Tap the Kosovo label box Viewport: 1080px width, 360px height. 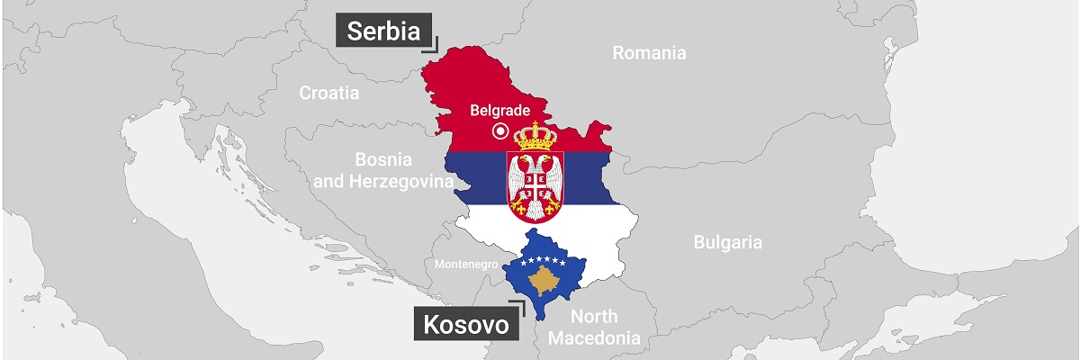pos(466,324)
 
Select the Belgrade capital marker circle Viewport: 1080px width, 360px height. pos(499,132)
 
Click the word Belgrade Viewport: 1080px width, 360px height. pos(499,112)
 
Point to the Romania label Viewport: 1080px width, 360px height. pos(649,53)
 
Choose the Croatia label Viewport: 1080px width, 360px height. pos(329,93)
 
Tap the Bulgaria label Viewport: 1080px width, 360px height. pos(728,242)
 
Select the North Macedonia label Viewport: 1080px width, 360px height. pos(594,328)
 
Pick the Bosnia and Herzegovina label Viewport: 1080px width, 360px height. pos(382,171)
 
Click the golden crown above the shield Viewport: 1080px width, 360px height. pos(535,137)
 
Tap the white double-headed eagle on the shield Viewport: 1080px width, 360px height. pos(535,183)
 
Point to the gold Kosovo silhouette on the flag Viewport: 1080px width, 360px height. pos(545,283)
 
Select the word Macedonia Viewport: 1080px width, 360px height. pos(594,339)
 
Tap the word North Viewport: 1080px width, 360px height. pos(594,316)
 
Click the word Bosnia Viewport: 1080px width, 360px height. pos(382,159)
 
